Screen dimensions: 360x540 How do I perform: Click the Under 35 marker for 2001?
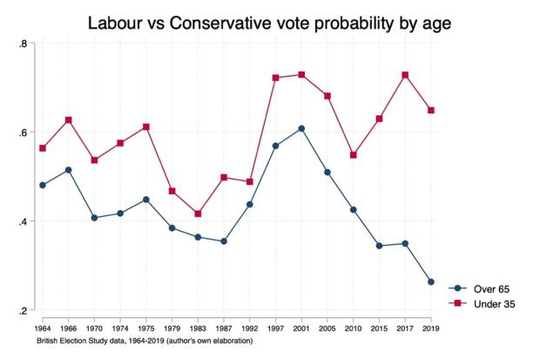point(301,75)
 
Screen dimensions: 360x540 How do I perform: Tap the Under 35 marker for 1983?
point(198,214)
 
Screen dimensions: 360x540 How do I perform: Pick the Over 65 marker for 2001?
point(301,129)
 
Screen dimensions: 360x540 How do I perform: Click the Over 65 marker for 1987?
point(224,241)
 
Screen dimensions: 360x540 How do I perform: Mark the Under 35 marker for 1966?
point(68,119)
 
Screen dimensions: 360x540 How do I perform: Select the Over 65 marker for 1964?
point(42,185)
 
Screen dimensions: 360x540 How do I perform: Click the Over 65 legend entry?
point(480,288)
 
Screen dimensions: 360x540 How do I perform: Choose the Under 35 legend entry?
point(480,302)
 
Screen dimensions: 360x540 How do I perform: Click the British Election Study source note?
point(144,340)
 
